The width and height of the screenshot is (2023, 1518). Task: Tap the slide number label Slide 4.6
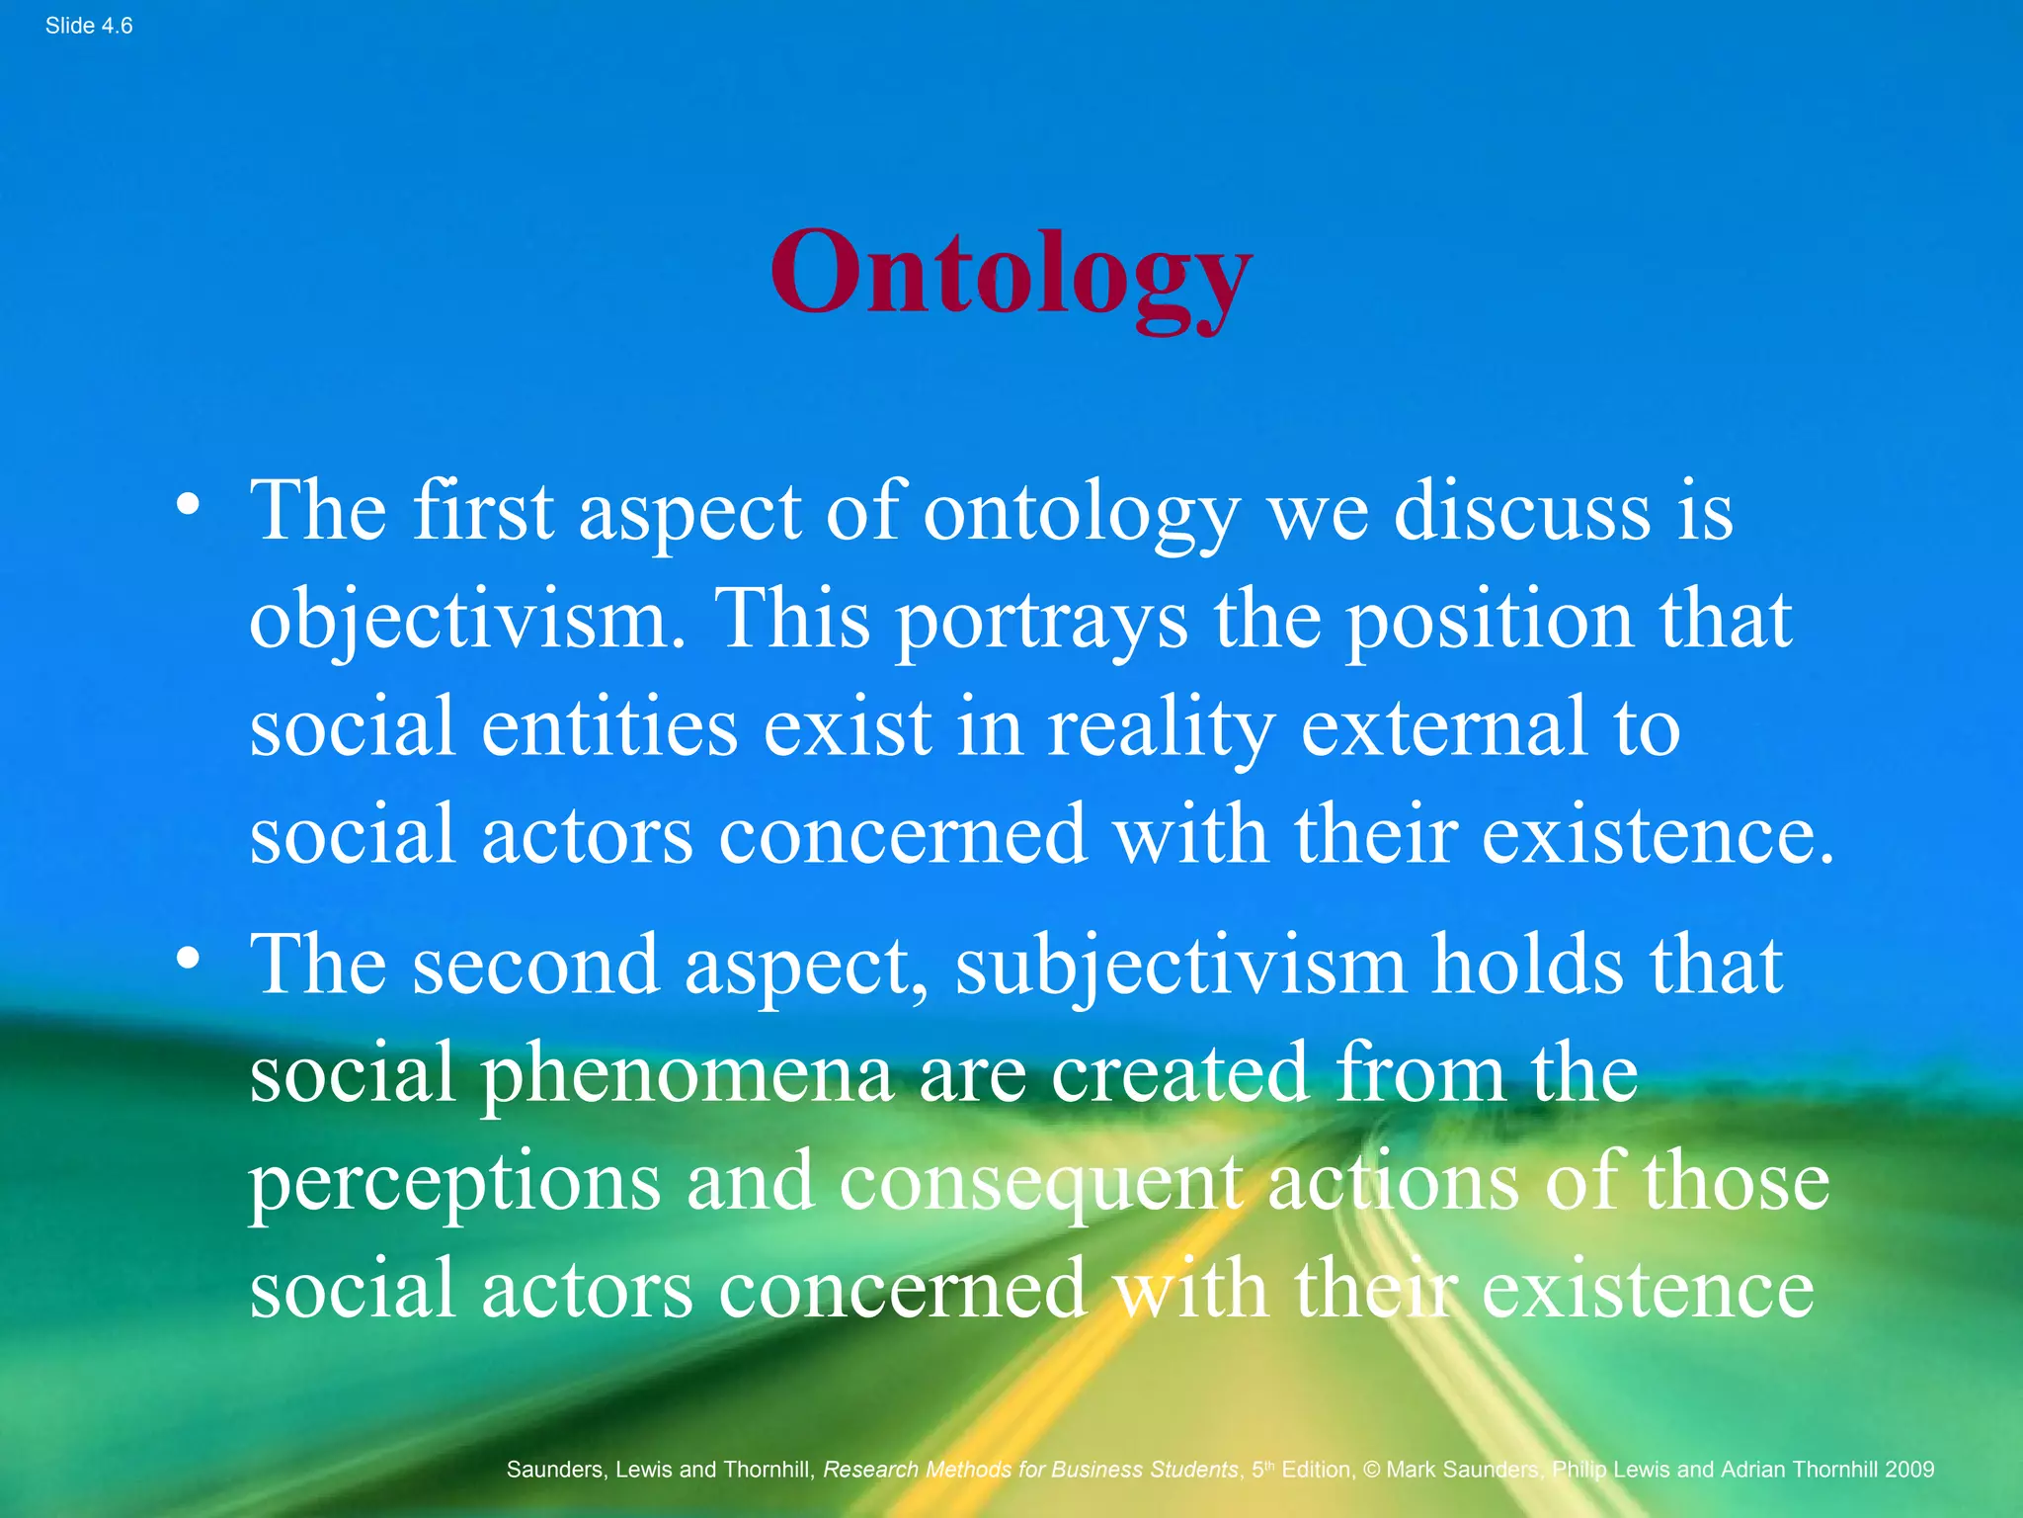click(x=89, y=27)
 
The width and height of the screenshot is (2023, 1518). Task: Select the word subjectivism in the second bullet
click(x=1180, y=966)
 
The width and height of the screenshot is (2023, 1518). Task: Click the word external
click(x=1443, y=728)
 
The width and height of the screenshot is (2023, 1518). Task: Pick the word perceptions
click(x=453, y=1183)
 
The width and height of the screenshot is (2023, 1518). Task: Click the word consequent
click(x=1040, y=1183)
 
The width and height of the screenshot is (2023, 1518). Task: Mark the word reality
click(x=1161, y=728)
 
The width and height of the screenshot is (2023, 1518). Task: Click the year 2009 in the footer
click(x=1908, y=1470)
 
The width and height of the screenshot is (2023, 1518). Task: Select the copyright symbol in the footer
click(x=1371, y=1470)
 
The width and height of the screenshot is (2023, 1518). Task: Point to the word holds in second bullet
click(x=1527, y=966)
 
